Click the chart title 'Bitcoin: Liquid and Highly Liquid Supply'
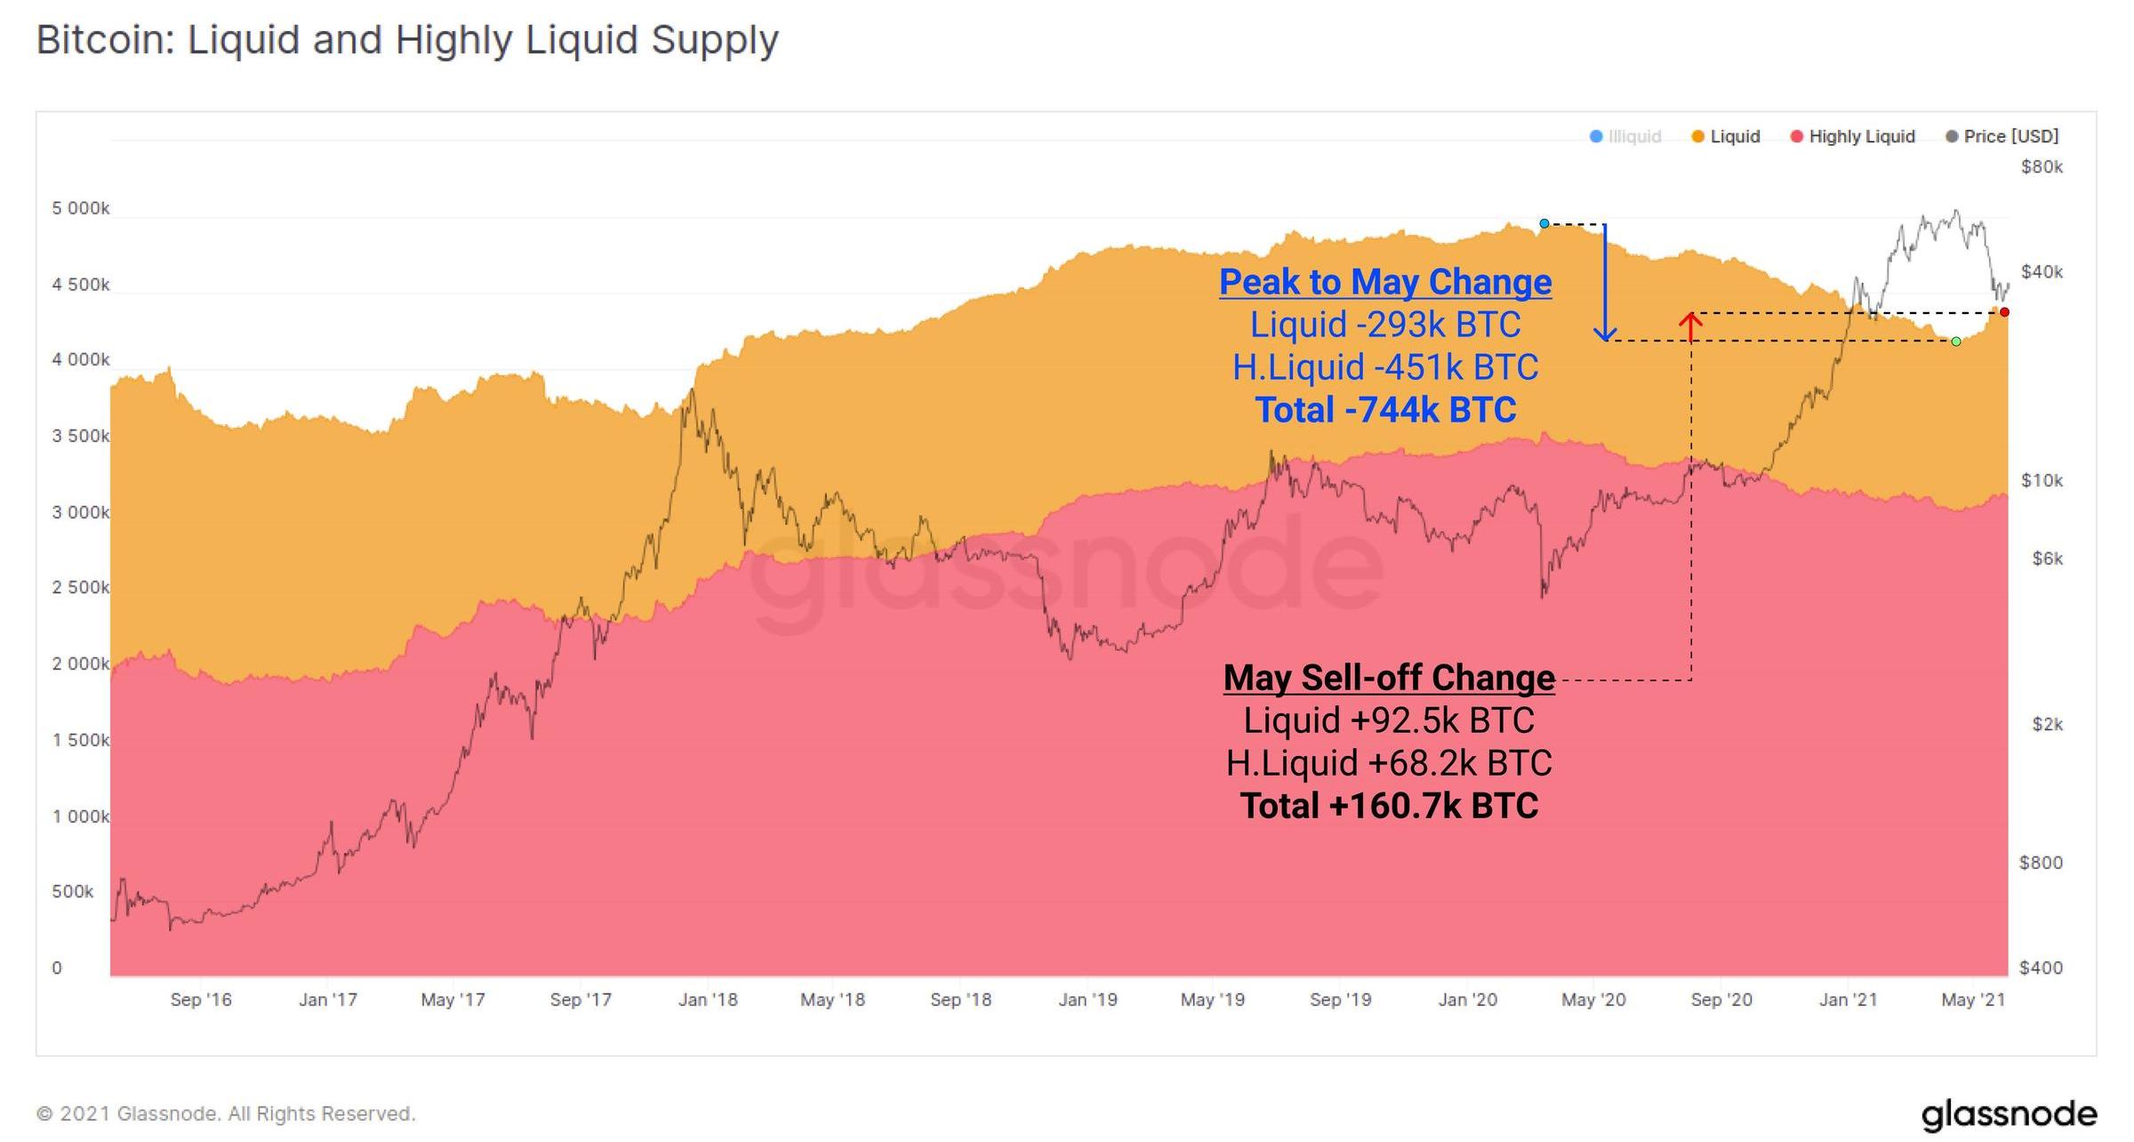(407, 40)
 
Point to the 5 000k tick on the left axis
(80, 208)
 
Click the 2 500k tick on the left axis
(80, 587)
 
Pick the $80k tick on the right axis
(2042, 167)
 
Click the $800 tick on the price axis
(2040, 862)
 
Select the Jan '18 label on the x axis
(708, 1000)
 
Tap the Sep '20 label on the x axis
(1721, 1000)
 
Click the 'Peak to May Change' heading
(1385, 282)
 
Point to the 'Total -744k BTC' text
(1385, 410)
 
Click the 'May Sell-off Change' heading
(1389, 678)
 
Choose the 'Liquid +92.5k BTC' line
(1389, 720)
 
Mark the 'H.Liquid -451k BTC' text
(1385, 367)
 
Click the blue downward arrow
(1605, 285)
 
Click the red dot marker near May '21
(2004, 312)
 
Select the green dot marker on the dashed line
(1956, 342)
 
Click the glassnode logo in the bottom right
(2009, 1114)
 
